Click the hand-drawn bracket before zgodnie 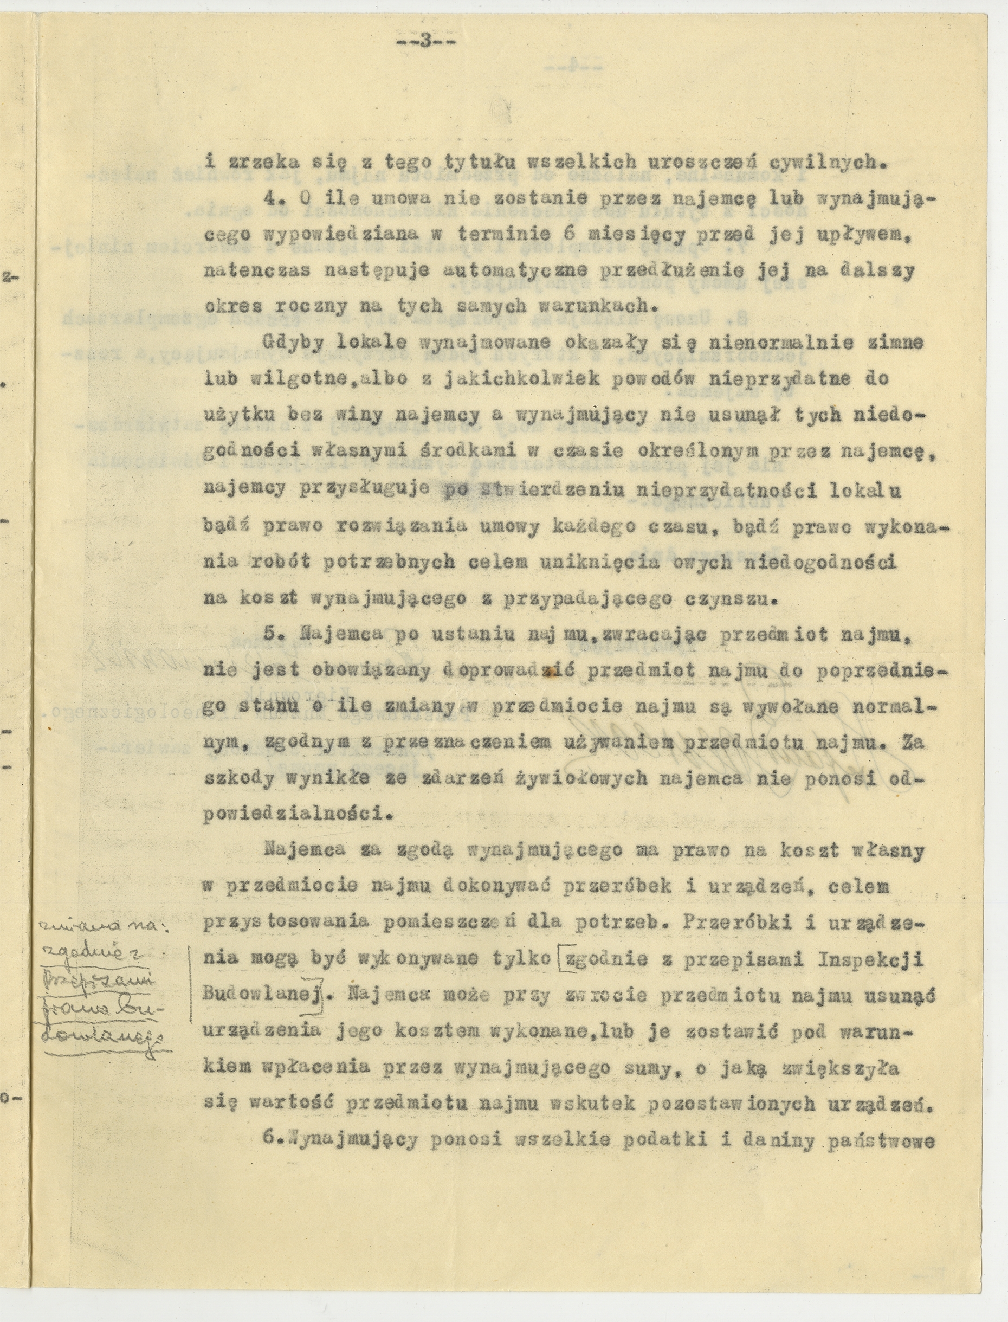pyautogui.click(x=560, y=959)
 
